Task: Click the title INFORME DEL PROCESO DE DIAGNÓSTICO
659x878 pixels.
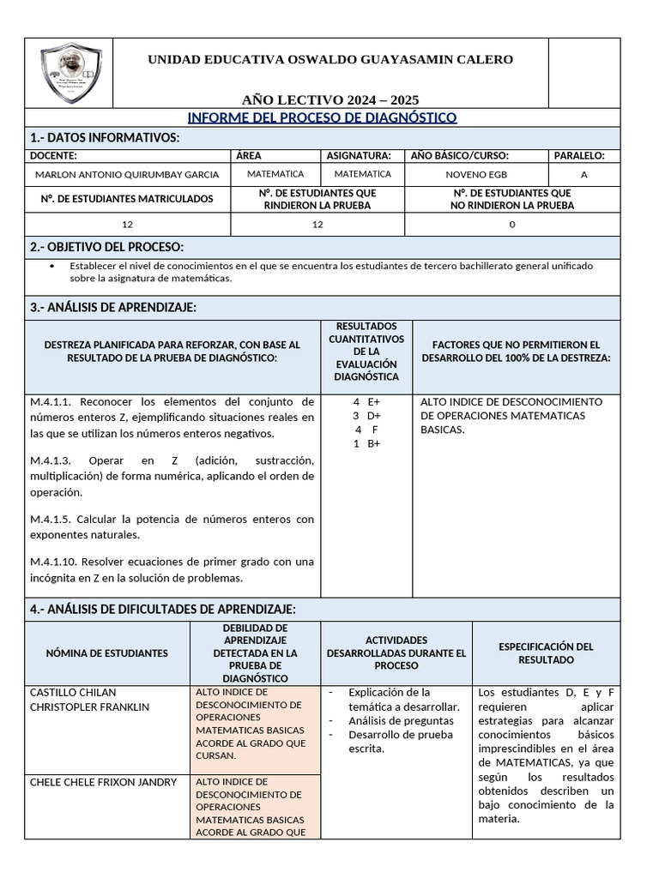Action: coord(322,117)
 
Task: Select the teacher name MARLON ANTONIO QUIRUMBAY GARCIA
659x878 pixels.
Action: coord(127,174)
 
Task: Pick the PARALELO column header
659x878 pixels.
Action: coord(579,155)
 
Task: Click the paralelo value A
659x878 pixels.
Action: coord(584,174)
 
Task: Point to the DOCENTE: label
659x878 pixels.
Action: coord(53,155)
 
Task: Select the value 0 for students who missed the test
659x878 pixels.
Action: coord(512,225)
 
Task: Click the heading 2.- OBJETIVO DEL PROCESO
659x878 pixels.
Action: coord(106,247)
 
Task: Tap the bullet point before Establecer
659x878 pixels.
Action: coord(53,266)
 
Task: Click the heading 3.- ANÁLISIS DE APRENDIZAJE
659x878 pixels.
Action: coord(113,307)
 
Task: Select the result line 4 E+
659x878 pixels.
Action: coord(366,401)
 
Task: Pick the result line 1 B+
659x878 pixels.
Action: coord(366,443)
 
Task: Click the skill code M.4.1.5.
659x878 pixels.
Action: coord(51,520)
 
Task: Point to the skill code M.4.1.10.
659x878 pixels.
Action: coord(55,562)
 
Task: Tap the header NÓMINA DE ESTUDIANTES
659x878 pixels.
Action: coord(107,653)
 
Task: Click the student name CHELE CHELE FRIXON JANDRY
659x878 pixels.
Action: coord(103,782)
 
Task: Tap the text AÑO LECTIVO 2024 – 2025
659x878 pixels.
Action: coord(329,99)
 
